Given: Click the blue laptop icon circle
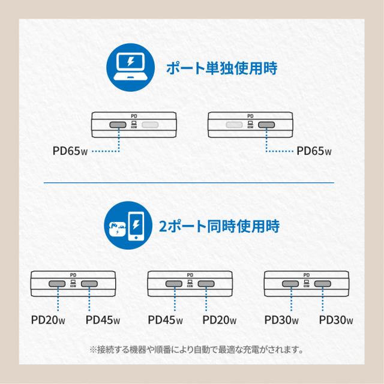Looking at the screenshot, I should (132, 68).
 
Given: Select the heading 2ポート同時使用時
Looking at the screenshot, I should (220, 227).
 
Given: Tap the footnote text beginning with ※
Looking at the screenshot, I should (192, 349).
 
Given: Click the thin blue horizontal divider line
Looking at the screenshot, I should (192, 181).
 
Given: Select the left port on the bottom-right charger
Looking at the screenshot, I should (292, 284).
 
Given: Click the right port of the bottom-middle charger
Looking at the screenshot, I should (206, 284).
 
